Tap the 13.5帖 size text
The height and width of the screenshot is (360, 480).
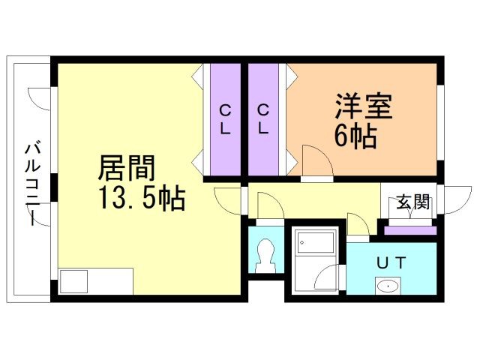coord(140,199)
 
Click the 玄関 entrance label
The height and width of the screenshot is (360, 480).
coord(412,202)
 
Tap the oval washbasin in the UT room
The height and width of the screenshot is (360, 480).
coord(388,285)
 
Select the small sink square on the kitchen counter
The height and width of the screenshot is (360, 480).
coord(73,281)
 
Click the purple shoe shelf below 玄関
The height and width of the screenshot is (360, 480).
coord(410,230)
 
